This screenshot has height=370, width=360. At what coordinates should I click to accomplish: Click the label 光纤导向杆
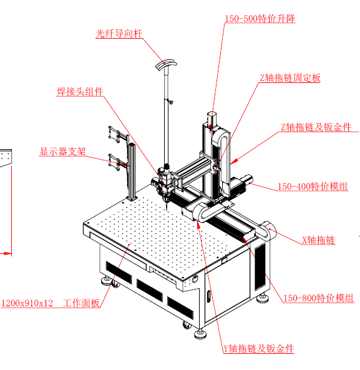pyautogui.click(x=119, y=34)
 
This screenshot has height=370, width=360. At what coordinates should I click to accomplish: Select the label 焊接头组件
pyautogui.click(x=80, y=92)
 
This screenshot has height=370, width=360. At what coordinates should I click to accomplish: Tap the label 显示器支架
pyautogui.click(x=62, y=151)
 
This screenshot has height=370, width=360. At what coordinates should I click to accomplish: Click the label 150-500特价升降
pyautogui.click(x=260, y=19)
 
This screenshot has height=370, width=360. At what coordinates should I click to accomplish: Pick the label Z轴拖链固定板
pyautogui.click(x=290, y=78)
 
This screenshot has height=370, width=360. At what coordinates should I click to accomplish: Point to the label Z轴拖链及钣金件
pyautogui.click(x=316, y=127)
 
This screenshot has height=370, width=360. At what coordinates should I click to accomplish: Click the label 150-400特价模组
pyautogui.click(x=313, y=187)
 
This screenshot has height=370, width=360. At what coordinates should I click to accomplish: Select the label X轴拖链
pyautogui.click(x=318, y=240)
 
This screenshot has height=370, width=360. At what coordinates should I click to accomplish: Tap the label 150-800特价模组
pyautogui.click(x=318, y=298)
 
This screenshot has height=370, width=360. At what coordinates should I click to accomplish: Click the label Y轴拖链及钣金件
pyautogui.click(x=258, y=349)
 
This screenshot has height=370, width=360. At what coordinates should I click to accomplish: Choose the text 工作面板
pyautogui.click(x=81, y=303)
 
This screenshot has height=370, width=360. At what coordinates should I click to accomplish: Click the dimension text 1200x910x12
pyautogui.click(x=27, y=303)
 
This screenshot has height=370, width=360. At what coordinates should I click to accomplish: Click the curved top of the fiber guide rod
pyautogui.click(x=166, y=64)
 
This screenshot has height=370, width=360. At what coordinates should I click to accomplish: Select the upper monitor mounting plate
pyautogui.click(x=114, y=134)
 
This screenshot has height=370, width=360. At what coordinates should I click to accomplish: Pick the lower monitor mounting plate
pyautogui.click(x=114, y=162)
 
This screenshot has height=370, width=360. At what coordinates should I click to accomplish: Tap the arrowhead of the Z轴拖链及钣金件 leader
pyautogui.click(x=233, y=162)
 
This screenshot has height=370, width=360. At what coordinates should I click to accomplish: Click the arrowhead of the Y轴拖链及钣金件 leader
pyautogui.click(x=198, y=225)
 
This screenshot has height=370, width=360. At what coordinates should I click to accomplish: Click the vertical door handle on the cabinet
pyautogui.click(x=209, y=296)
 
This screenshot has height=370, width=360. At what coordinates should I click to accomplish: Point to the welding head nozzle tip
pyautogui.click(x=167, y=208)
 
